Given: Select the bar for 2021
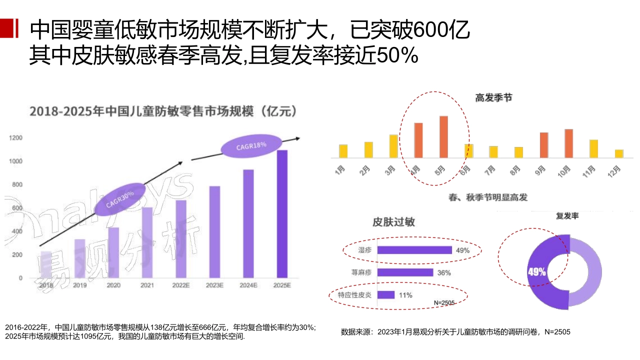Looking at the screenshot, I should point(147,242).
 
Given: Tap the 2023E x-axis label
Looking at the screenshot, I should point(214,285).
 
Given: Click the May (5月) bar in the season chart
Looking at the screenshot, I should point(443,136).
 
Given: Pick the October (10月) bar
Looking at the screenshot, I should point(568,143).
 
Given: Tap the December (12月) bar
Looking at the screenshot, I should point(618,153).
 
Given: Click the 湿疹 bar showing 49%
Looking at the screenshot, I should point(414,250).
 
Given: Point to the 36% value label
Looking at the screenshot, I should point(443,272).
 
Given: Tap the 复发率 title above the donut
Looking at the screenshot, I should point(567,216).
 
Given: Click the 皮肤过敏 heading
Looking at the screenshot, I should point(393,222).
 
